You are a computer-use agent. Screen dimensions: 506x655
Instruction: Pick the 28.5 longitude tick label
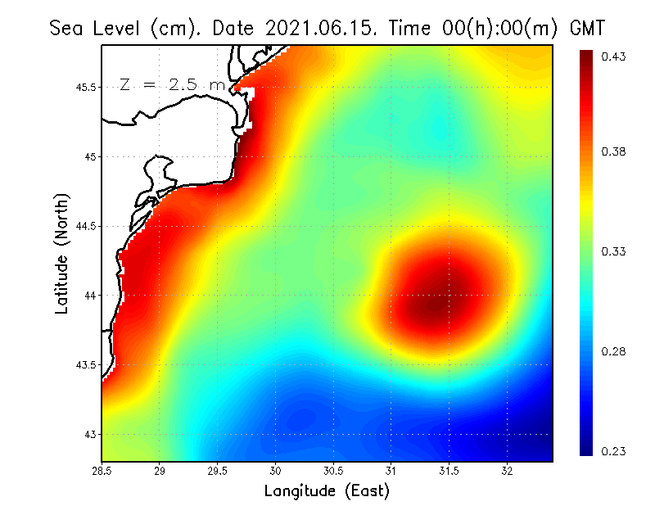pos(102,471)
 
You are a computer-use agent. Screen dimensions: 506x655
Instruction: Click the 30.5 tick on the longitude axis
pos(333,471)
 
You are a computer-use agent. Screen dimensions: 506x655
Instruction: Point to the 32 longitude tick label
pos(507,471)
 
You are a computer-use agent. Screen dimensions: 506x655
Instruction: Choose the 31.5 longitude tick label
pos(449,471)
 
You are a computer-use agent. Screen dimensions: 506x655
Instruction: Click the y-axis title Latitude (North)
pos(62,254)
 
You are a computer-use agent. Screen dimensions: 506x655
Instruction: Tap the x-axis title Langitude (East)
pos(327,490)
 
